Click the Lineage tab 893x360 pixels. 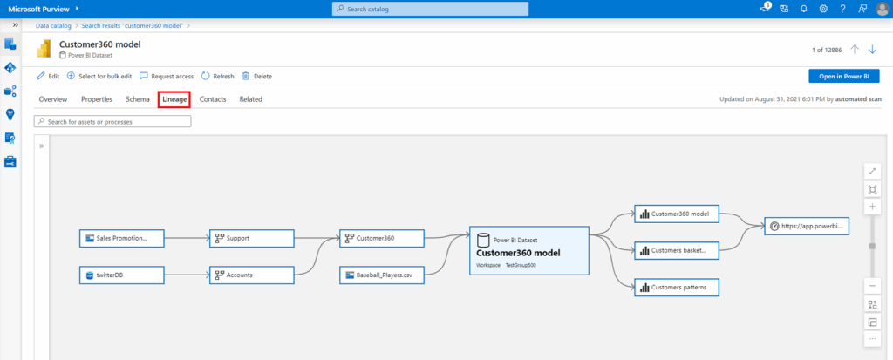point(174,99)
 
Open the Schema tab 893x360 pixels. point(138,99)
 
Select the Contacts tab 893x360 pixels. point(213,99)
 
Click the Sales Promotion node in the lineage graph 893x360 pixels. point(122,238)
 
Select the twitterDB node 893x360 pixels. point(122,275)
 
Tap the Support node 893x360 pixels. point(252,238)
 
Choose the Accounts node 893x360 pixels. point(252,275)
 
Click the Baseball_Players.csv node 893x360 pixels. point(382,275)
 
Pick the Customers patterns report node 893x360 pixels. point(677,287)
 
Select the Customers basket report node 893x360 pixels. point(677,250)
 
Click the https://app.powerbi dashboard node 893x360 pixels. point(807,226)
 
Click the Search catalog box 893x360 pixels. point(430,9)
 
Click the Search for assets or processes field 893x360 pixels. point(112,121)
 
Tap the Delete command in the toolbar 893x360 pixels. point(257,76)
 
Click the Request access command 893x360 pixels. point(167,76)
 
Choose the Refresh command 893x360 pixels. point(217,76)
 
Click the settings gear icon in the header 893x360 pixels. point(823,9)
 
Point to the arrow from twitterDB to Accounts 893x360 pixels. point(187,275)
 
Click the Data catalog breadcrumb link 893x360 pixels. point(53,25)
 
